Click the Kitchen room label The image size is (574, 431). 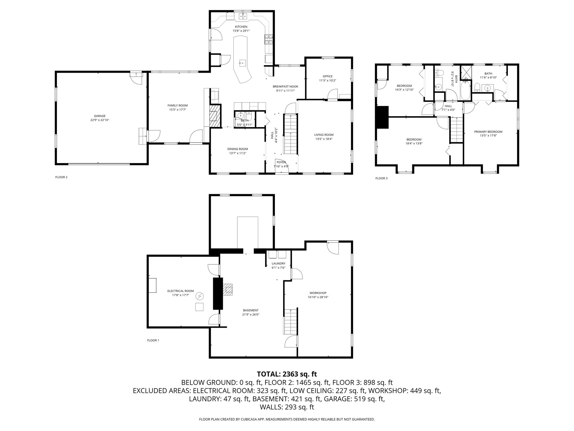click(x=241, y=27)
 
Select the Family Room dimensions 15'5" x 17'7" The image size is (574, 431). click(x=178, y=110)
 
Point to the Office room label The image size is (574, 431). click(x=327, y=76)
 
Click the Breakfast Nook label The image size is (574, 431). click(x=285, y=86)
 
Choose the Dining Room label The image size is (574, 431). click(x=238, y=149)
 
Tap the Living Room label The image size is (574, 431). click(x=324, y=135)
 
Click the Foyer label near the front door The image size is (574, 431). click(x=281, y=162)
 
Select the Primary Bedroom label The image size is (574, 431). click(x=488, y=132)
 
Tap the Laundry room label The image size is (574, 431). click(x=278, y=263)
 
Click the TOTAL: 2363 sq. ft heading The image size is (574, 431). click(x=287, y=374)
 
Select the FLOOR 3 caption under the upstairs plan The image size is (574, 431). click(x=381, y=178)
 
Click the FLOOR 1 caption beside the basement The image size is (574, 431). click(x=153, y=340)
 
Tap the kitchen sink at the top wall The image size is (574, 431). click(x=243, y=17)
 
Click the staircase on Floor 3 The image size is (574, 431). click(x=457, y=130)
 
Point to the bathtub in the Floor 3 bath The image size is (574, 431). click(x=465, y=90)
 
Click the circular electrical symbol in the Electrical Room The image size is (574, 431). click(x=200, y=296)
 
